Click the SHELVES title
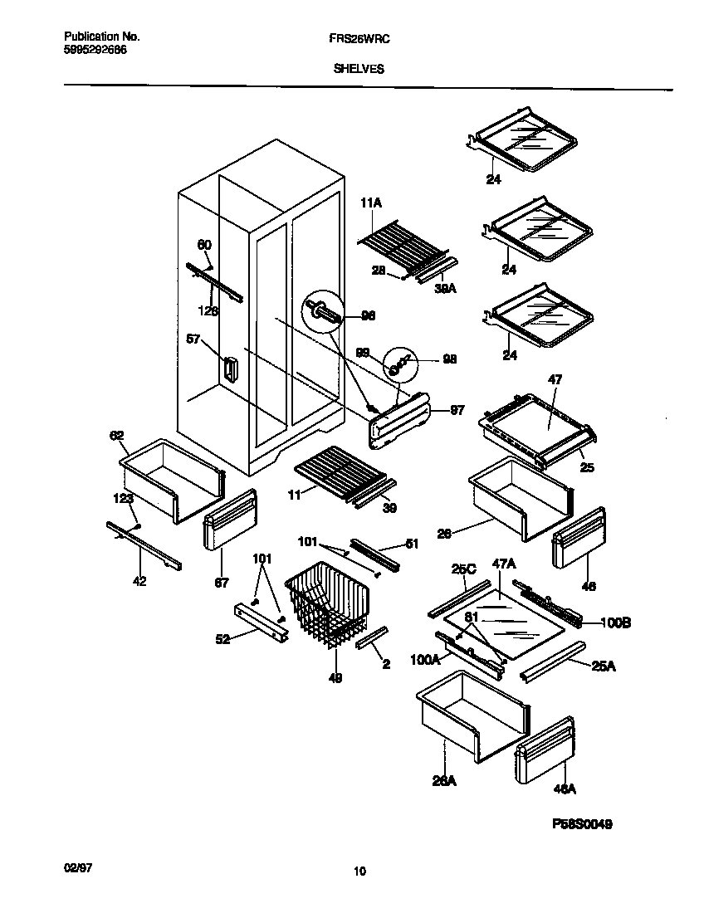tap(358, 70)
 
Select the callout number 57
tap(193, 338)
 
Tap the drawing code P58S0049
tap(582, 826)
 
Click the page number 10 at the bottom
tap(359, 871)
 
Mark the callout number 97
tap(457, 411)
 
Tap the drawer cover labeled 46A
tap(545, 750)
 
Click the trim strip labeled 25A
tap(551, 661)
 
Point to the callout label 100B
tap(615, 622)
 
